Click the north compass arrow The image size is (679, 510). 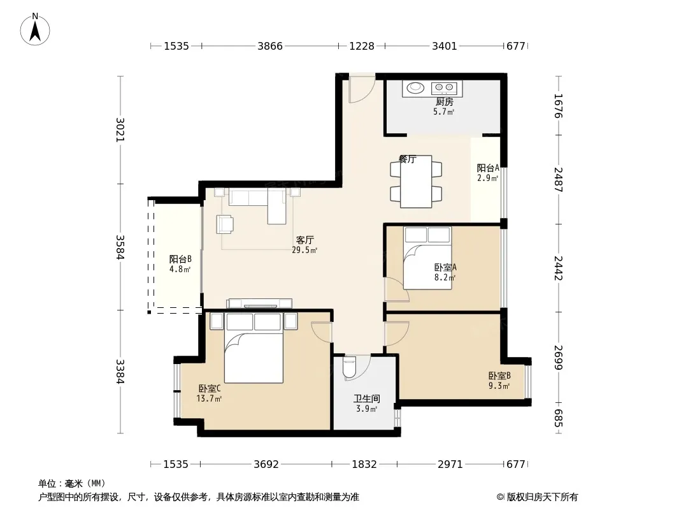(x=35, y=31)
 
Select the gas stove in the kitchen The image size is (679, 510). (x=444, y=88)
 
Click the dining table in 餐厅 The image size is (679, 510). (x=416, y=182)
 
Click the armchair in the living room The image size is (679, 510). (x=225, y=224)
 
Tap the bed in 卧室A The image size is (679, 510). (x=427, y=258)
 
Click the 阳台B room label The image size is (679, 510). (x=180, y=259)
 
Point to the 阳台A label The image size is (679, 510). (x=488, y=168)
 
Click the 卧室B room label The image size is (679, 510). (x=499, y=375)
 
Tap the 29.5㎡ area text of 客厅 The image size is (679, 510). (x=304, y=250)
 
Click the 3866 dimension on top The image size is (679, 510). (x=270, y=46)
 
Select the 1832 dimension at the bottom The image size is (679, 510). (x=364, y=465)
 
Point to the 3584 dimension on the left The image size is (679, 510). (x=120, y=247)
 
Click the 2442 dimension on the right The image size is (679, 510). (x=558, y=268)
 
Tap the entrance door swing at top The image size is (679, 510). (x=362, y=89)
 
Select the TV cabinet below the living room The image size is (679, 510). (x=259, y=303)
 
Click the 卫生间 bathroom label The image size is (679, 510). (x=367, y=398)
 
